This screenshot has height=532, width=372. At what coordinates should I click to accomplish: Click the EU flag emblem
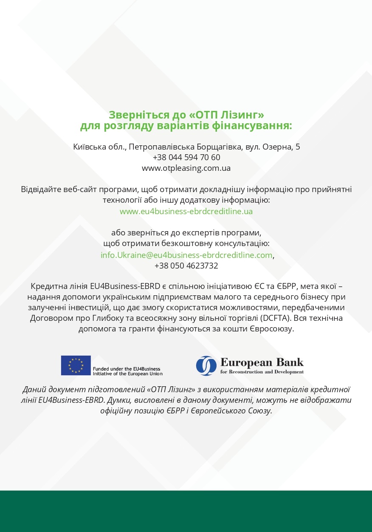(76, 365)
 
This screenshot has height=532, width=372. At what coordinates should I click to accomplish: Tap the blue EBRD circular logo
(206, 365)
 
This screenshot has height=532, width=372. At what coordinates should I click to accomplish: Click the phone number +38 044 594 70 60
(186, 157)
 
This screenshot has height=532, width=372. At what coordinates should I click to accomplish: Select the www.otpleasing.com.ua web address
(186, 168)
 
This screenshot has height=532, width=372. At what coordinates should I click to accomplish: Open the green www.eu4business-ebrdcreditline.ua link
(186, 211)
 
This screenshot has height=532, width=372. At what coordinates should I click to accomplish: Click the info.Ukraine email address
(186, 255)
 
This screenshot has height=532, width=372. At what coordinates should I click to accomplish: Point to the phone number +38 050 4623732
(186, 266)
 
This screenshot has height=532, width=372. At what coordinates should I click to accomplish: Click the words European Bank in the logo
(262, 362)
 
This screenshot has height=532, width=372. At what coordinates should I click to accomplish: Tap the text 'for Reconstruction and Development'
(262, 372)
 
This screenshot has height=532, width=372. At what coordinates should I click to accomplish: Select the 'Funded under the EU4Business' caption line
(127, 369)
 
